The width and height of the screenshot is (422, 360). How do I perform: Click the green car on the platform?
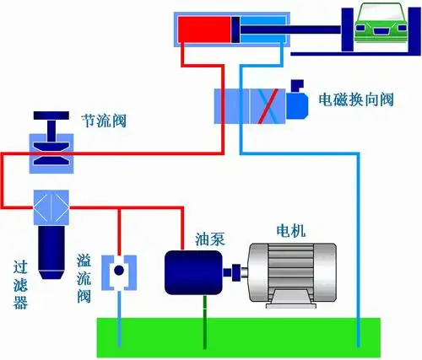coord(379,24)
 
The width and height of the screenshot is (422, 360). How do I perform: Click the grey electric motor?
coord(291,271)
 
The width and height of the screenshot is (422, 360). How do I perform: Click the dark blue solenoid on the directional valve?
coord(298,105)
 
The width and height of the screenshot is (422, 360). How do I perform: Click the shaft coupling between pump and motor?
coord(234,272)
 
